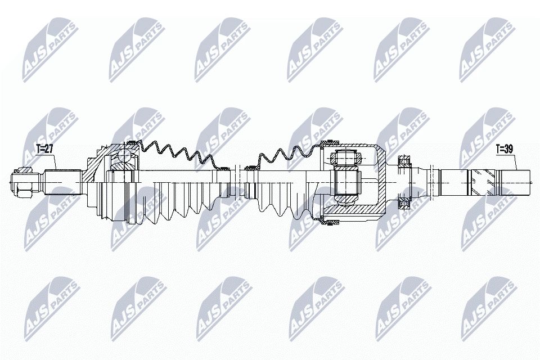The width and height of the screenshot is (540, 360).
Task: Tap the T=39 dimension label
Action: [x=505, y=149]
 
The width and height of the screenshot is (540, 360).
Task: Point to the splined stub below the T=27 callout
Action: [x=58, y=181]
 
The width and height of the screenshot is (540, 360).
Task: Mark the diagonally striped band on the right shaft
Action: [x=479, y=181]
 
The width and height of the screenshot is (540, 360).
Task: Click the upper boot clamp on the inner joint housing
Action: [x=330, y=141]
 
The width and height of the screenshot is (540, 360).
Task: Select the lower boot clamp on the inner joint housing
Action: [x=330, y=222]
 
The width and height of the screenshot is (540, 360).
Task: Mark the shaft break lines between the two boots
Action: [x=241, y=181]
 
